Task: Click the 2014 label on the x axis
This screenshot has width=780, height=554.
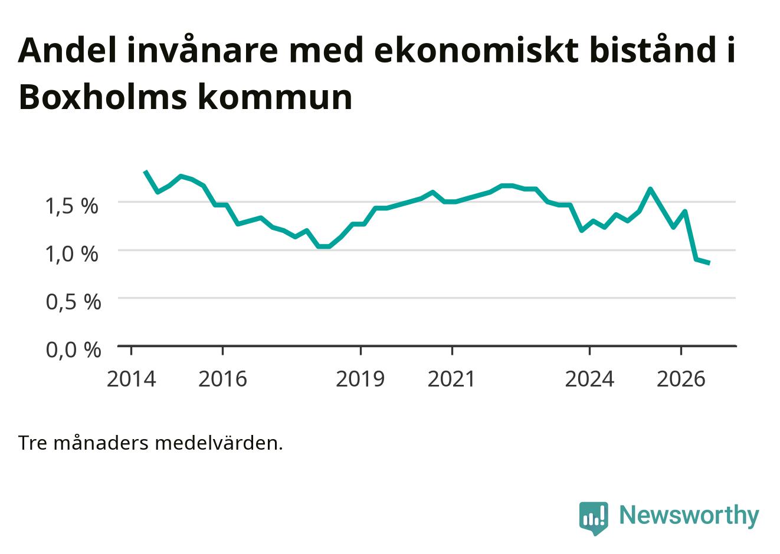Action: pyautogui.click(x=131, y=379)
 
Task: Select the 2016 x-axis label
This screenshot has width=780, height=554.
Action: pyautogui.click(x=222, y=379)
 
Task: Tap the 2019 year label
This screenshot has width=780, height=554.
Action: pyautogui.click(x=360, y=379)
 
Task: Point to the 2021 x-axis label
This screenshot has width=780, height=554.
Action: pyautogui.click(x=451, y=379)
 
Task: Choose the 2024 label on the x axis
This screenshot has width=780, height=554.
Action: pyautogui.click(x=589, y=379)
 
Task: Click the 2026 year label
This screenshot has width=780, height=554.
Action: pyautogui.click(x=681, y=379)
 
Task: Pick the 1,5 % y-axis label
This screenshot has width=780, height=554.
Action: pyautogui.click(x=72, y=206)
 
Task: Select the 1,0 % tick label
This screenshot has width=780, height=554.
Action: pyautogui.click(x=72, y=254)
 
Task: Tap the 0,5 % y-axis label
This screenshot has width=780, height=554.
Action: pyautogui.click(x=74, y=302)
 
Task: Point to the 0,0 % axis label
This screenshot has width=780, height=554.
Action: pyautogui.click(x=74, y=350)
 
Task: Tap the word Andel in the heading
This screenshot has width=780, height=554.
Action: pyautogui.click(x=67, y=51)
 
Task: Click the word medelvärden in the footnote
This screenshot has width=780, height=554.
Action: pyautogui.click(x=219, y=443)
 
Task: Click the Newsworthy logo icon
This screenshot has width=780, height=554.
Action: pyautogui.click(x=594, y=518)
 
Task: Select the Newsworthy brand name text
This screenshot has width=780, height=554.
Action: pyautogui.click(x=689, y=516)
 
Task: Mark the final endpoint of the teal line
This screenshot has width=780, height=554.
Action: pyautogui.click(x=709, y=263)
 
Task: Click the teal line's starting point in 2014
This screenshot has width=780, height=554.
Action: pyautogui.click(x=146, y=171)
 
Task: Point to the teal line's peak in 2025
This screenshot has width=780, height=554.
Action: pyautogui.click(x=650, y=189)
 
